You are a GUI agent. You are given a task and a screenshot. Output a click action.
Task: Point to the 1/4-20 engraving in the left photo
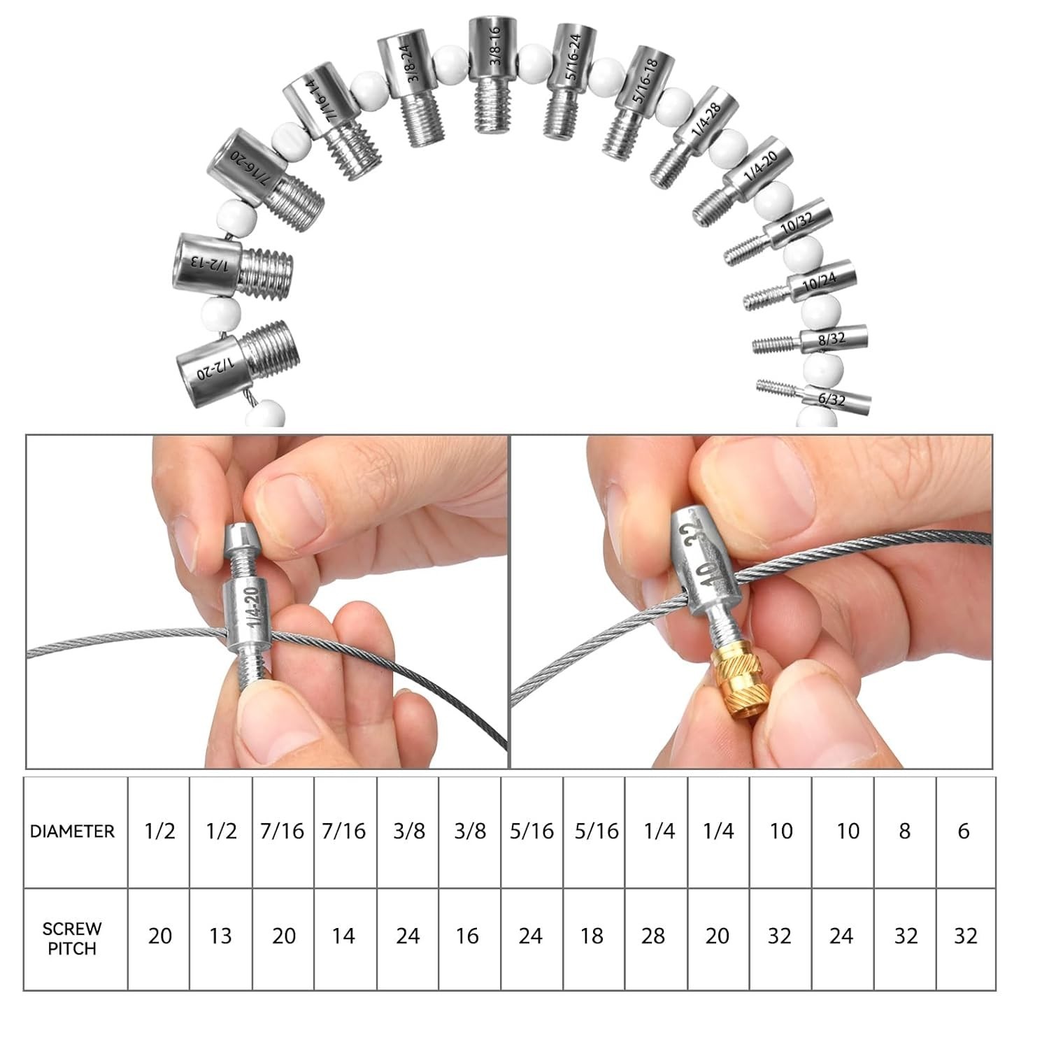coord(252,608)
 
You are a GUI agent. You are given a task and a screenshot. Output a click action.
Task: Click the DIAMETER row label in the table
coord(72,832)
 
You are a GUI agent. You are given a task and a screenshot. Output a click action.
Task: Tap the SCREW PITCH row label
coord(72,939)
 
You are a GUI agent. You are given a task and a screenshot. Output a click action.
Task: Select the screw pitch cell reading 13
coord(220,936)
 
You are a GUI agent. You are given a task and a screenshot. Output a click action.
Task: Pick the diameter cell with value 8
coord(905,831)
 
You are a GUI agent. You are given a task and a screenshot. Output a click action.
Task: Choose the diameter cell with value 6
coord(964,831)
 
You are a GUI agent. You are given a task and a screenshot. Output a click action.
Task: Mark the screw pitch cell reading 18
coord(592,936)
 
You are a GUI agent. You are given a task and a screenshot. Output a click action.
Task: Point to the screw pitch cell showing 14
coord(343,936)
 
